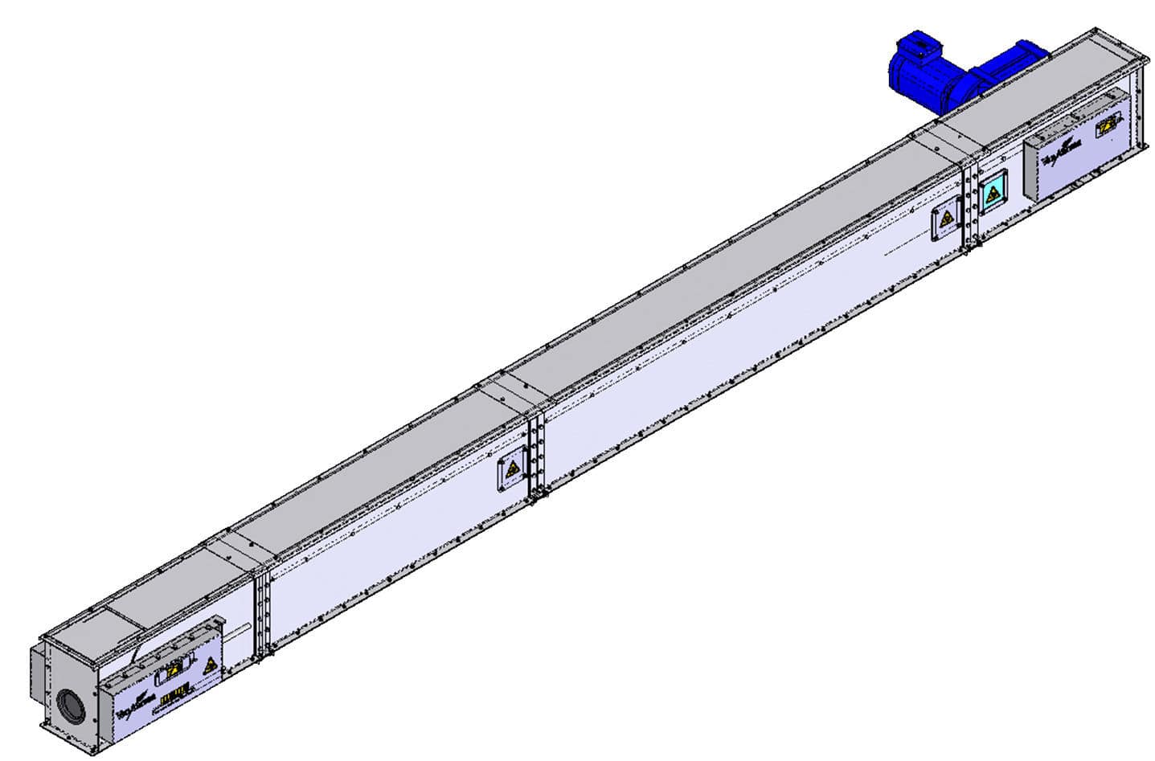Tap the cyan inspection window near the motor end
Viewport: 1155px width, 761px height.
click(994, 193)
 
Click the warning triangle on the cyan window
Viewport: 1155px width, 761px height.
click(994, 194)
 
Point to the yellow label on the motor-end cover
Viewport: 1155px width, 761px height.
click(1108, 126)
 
